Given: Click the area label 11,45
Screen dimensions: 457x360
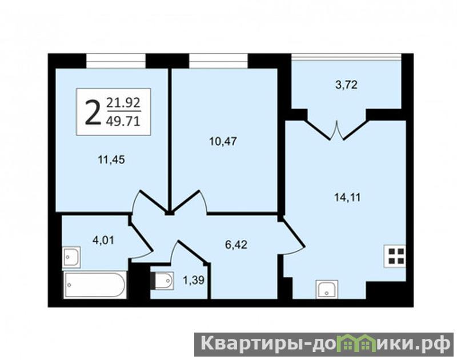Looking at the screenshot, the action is [x=111, y=160].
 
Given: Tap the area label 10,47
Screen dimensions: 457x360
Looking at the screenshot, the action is [x=223, y=141].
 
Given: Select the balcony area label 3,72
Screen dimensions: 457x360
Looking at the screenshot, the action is [x=346, y=85].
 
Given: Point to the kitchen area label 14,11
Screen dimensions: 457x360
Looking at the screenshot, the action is [x=347, y=198].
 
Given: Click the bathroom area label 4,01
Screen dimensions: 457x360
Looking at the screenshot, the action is [x=103, y=240].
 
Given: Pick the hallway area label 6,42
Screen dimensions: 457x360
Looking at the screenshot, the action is [x=236, y=245].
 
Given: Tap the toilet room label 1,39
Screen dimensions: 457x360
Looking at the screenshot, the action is [x=194, y=280].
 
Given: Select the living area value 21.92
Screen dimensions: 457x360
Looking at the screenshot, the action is [x=123, y=103].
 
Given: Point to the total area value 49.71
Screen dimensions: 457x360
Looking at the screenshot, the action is [x=123, y=121].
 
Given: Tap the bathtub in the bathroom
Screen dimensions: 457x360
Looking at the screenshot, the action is [x=95, y=285].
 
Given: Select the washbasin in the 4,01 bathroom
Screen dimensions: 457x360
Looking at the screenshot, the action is [x=71, y=257].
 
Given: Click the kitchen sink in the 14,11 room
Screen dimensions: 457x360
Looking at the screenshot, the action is [x=327, y=290].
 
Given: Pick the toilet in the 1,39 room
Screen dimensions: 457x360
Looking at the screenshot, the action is [x=162, y=281].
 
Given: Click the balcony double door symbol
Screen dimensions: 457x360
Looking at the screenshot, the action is [x=337, y=130].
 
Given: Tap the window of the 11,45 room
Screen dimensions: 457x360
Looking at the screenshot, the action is [x=116, y=61].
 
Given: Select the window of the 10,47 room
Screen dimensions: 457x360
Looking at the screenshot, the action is [x=218, y=61].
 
